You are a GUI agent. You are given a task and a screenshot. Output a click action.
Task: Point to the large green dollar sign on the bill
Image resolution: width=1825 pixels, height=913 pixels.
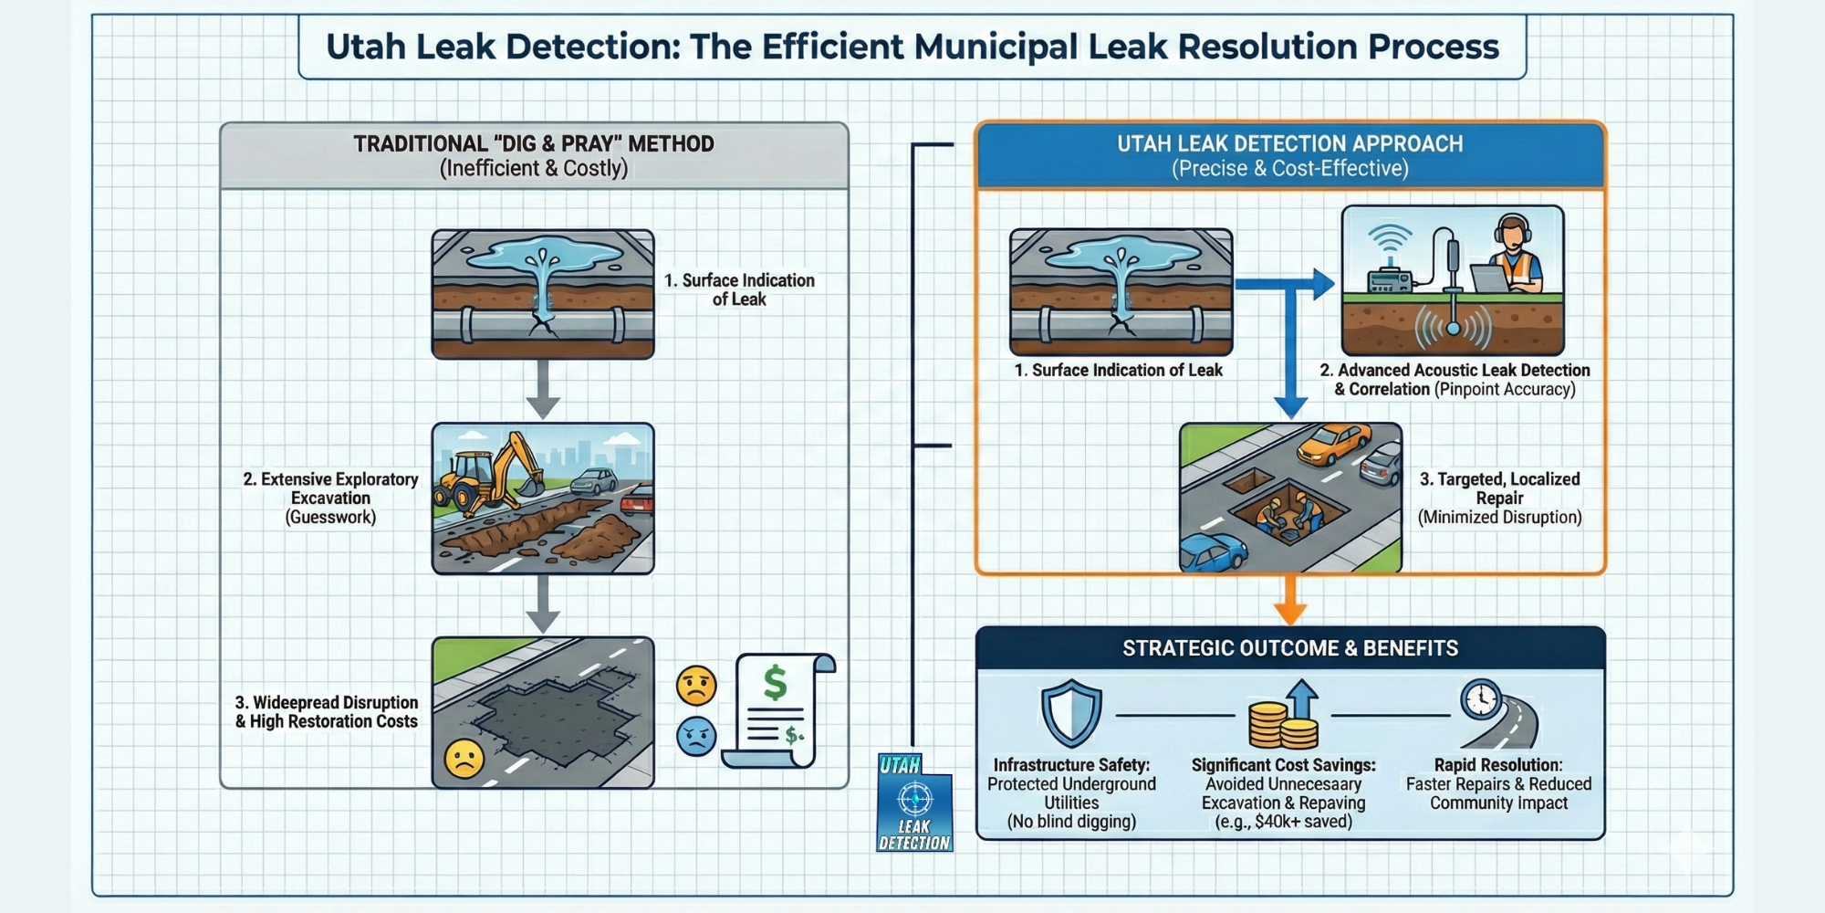tap(775, 682)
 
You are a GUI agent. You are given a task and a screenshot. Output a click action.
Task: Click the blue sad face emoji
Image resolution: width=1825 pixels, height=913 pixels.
tap(696, 736)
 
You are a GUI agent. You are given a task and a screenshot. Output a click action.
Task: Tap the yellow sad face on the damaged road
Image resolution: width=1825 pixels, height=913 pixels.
tap(464, 759)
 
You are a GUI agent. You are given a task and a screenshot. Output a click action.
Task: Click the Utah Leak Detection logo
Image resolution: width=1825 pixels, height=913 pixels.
tap(914, 803)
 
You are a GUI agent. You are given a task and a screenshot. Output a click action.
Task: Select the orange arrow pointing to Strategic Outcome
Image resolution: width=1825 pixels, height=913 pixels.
tap(1289, 601)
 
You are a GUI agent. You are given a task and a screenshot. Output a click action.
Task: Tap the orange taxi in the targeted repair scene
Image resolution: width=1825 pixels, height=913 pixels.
tap(1333, 444)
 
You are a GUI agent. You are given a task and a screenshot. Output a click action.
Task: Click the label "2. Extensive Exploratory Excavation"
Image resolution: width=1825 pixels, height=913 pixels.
tap(330, 488)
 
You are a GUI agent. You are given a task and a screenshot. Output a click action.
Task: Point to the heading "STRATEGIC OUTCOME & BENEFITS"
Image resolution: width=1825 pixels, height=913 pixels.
tap(1289, 648)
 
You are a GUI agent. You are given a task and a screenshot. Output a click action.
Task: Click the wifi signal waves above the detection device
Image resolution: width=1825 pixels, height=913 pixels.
tap(1390, 239)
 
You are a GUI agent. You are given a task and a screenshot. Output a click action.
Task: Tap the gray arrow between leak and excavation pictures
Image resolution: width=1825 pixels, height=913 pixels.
tap(542, 390)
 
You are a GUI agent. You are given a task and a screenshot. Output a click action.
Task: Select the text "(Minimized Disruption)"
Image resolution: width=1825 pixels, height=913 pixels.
tap(1499, 518)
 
